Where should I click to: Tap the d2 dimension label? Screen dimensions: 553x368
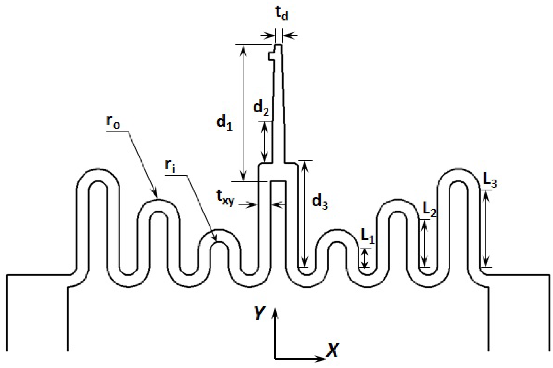(x=261, y=108)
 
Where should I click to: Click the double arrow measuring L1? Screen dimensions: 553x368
(x=365, y=258)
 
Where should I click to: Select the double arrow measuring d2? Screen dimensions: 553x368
(x=264, y=142)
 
